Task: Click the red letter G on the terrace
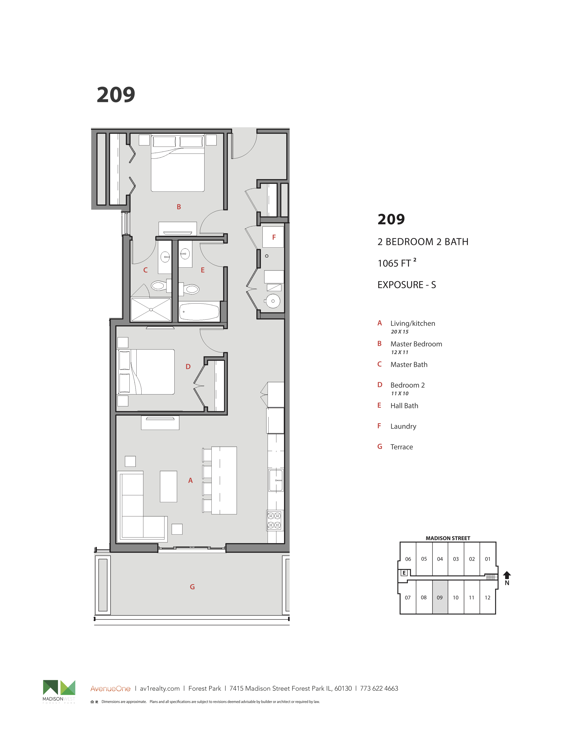point(192,587)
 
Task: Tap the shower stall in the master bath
point(151,309)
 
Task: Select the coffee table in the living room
point(168,486)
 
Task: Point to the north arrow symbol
point(507,576)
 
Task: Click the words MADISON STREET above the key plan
point(448,538)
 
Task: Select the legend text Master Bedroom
point(416,344)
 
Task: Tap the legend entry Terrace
point(402,447)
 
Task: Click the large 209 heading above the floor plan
point(116,95)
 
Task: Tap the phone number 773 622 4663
point(379,688)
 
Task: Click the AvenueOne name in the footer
point(110,689)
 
